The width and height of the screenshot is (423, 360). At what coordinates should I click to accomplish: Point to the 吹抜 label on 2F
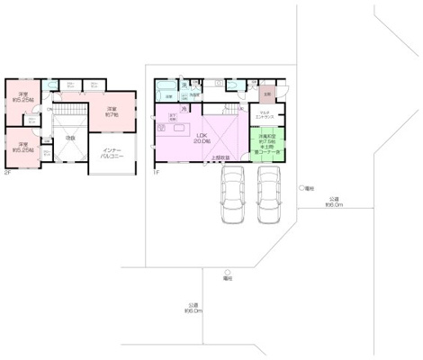point(69,139)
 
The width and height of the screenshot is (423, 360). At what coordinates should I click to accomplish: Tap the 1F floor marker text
point(156,171)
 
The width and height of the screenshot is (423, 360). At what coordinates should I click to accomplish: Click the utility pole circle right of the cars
point(301,188)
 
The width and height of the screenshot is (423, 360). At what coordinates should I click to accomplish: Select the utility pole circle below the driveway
point(229,272)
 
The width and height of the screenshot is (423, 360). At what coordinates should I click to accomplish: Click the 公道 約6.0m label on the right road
point(334,202)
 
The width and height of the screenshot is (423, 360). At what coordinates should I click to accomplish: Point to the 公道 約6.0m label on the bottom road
point(193,308)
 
